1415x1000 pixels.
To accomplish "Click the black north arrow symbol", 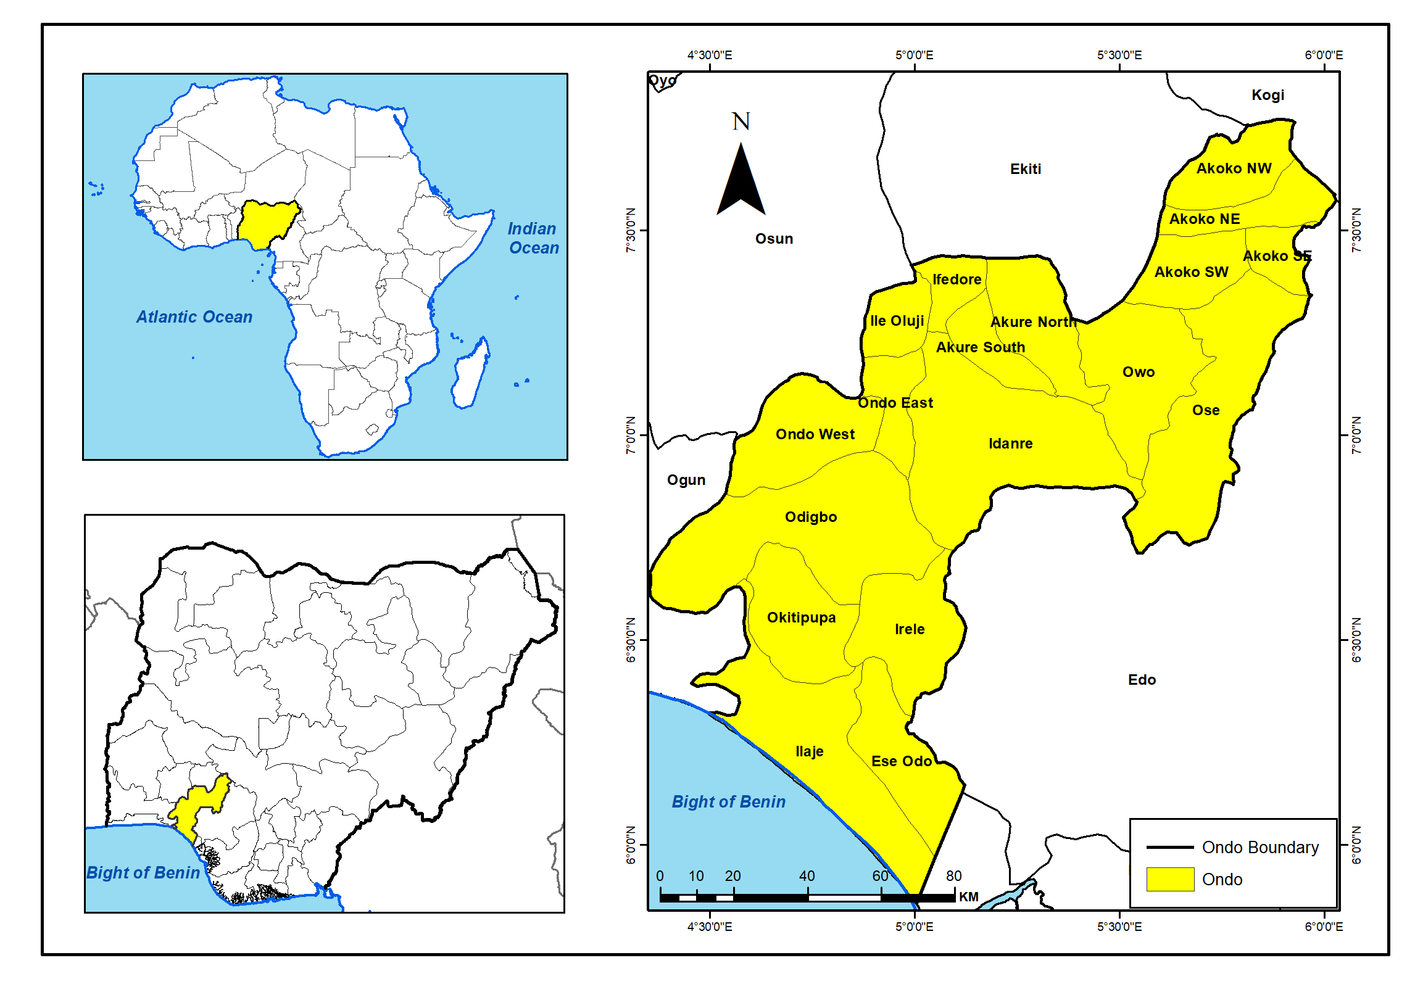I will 741,181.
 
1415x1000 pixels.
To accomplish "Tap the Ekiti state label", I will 1025,169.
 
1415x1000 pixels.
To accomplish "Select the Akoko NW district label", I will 1234,168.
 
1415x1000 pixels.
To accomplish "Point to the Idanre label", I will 1010,444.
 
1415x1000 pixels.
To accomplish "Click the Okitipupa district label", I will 801,618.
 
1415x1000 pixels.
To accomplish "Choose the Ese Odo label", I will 901,761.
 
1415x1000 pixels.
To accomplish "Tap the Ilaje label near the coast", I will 809,751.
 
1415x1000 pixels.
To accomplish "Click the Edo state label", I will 1142,680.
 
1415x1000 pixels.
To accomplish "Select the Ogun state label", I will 686,480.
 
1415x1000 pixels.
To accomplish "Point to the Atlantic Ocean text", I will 194,317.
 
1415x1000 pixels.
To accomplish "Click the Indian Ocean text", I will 533,238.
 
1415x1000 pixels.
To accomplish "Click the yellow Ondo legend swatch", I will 1170,879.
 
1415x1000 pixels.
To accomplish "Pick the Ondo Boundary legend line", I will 1169,848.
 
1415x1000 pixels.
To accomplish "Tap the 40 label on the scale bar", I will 807,876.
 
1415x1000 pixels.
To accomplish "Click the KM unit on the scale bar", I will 968,897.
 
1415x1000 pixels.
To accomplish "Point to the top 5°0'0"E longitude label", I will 914,55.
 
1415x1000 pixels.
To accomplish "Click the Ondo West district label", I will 815,434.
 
